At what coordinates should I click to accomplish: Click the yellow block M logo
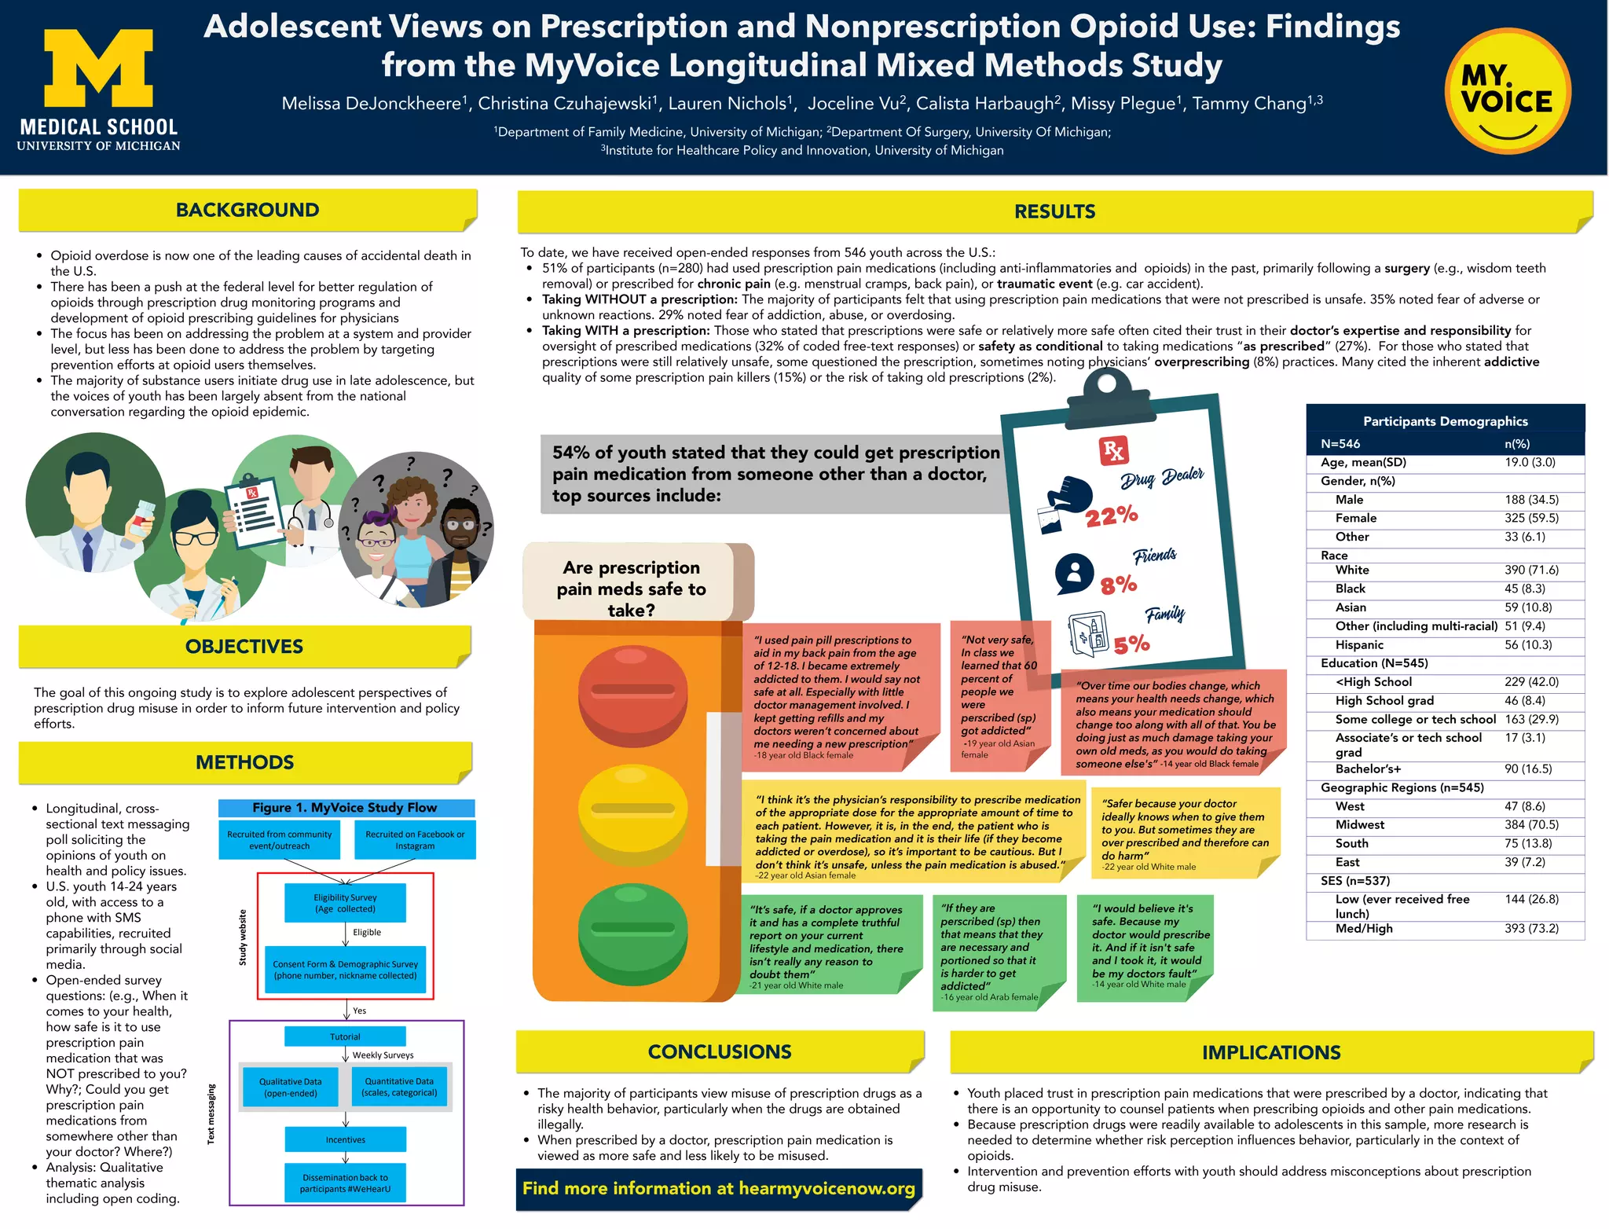point(98,68)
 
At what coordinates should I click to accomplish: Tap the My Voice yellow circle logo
point(1507,91)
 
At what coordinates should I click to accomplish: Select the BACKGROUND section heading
point(247,210)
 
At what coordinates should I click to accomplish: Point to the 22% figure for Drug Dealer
point(1112,516)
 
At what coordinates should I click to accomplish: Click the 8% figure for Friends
point(1119,585)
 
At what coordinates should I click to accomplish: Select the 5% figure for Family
point(1131,645)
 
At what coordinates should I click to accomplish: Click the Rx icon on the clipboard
point(1113,451)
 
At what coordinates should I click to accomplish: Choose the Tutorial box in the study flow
point(345,1036)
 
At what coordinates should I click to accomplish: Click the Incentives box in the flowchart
point(345,1139)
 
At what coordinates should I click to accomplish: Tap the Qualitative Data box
point(291,1088)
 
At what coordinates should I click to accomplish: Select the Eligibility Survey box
point(345,903)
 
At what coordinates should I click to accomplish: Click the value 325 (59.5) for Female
point(1531,518)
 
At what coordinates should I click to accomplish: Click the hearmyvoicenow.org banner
point(718,1188)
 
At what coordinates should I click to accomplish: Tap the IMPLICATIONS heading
point(1270,1052)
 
